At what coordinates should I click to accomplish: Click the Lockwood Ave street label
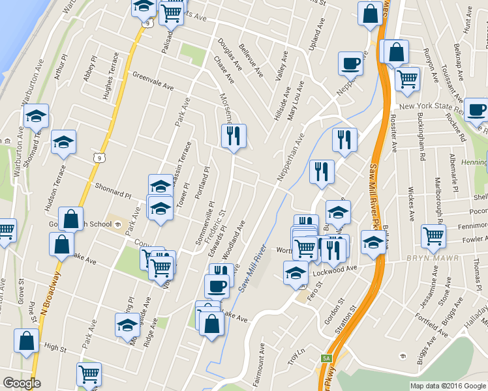coord(336,268)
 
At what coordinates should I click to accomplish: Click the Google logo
coord(22,383)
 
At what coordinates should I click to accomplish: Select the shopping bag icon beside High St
coord(26,340)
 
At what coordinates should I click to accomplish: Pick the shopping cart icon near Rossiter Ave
coord(407,79)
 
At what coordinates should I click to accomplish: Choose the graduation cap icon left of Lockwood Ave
coord(296,272)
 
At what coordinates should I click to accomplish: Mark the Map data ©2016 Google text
coord(448,385)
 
